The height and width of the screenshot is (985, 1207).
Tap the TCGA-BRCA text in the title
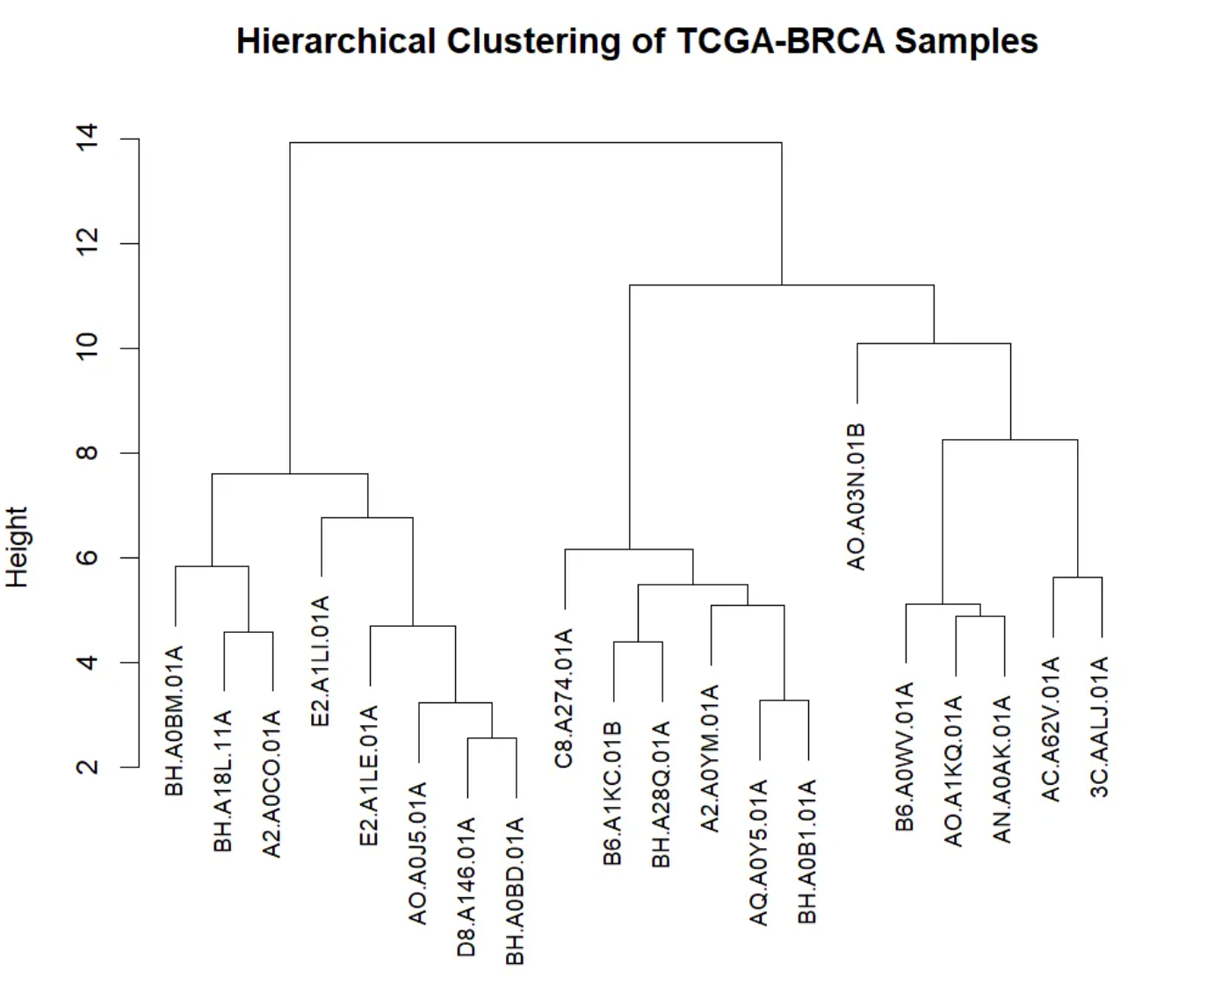(x=781, y=41)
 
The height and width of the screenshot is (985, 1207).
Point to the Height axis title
(x=18, y=546)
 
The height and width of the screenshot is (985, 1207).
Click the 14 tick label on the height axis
(x=88, y=139)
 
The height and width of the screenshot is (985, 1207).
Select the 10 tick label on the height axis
(x=88, y=349)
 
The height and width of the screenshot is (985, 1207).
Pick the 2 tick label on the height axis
(x=88, y=767)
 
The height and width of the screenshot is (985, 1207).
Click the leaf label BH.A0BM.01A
(x=176, y=721)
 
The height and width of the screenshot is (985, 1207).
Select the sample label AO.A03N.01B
(x=856, y=496)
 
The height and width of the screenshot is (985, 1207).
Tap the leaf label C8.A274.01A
(x=565, y=698)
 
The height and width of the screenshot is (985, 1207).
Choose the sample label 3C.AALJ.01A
(x=1101, y=726)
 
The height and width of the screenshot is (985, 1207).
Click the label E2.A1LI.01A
(x=321, y=660)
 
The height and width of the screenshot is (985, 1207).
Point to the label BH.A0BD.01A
(x=516, y=891)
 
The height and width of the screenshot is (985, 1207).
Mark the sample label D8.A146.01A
(x=467, y=886)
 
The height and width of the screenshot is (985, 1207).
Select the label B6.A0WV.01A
(x=906, y=756)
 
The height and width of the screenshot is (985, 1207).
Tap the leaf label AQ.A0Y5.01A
(x=759, y=852)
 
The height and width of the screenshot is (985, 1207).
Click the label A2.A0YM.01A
(x=711, y=758)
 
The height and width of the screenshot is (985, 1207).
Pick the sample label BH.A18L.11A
(x=224, y=781)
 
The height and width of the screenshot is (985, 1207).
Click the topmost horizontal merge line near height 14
(x=536, y=142)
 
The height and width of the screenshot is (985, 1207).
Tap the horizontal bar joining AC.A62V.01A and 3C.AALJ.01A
(x=1077, y=578)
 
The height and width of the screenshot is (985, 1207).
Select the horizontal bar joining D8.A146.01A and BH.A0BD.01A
(x=491, y=738)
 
